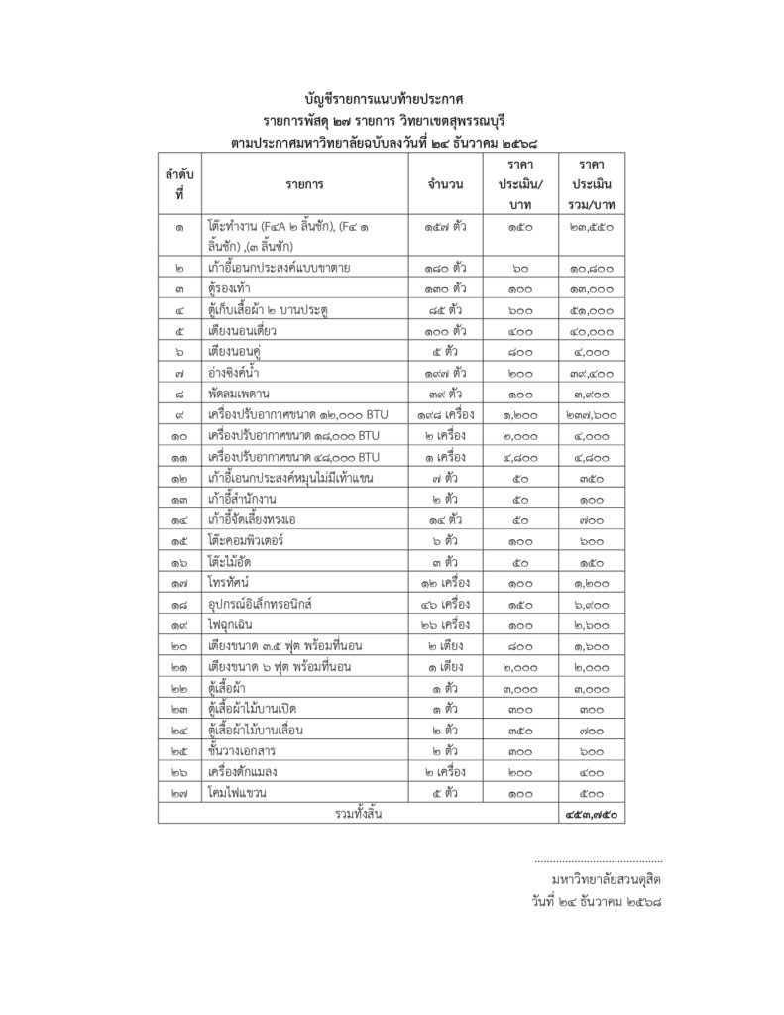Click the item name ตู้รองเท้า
(x=230, y=288)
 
